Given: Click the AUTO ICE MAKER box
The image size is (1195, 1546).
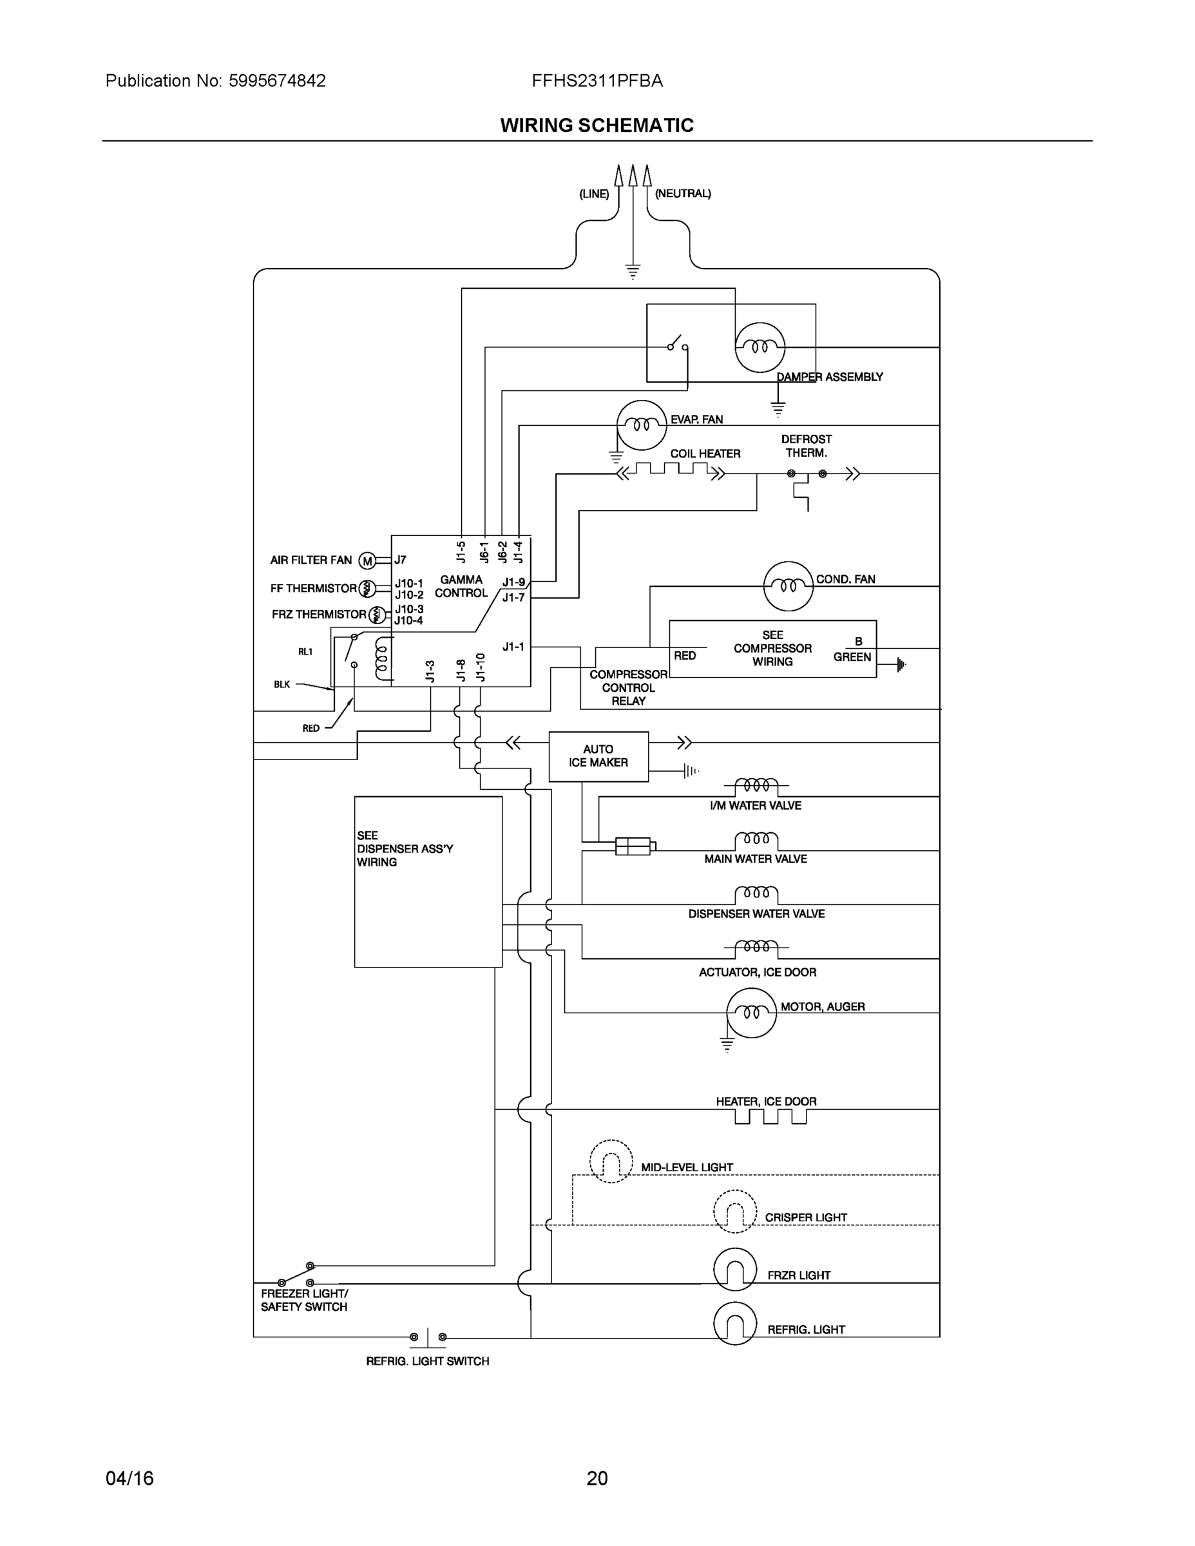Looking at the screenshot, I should point(598,756).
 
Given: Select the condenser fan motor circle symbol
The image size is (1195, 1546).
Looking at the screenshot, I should point(788,586).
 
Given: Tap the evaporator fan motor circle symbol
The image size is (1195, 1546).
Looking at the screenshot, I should point(642,425).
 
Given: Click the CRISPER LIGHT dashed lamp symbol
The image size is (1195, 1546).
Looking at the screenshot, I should point(735,1211).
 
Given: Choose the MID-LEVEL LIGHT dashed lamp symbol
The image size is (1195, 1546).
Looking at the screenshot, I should point(611,1161).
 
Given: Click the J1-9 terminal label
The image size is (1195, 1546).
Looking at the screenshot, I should point(513,582).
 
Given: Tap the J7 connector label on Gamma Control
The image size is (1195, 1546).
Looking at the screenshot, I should point(400,560).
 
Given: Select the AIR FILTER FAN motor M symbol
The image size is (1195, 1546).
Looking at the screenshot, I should point(367,561).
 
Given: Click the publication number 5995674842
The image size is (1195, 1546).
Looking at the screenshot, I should point(277,81).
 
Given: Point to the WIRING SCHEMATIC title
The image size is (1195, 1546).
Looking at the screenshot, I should point(597,126).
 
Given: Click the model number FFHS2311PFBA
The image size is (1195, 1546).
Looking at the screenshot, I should point(597,81).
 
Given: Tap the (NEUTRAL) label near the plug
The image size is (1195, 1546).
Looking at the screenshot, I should point(682,193).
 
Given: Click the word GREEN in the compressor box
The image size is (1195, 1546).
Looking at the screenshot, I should point(852,657).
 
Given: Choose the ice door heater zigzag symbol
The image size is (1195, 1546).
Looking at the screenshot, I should point(770,1116).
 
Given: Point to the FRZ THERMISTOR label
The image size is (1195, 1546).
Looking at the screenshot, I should point(319,615).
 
